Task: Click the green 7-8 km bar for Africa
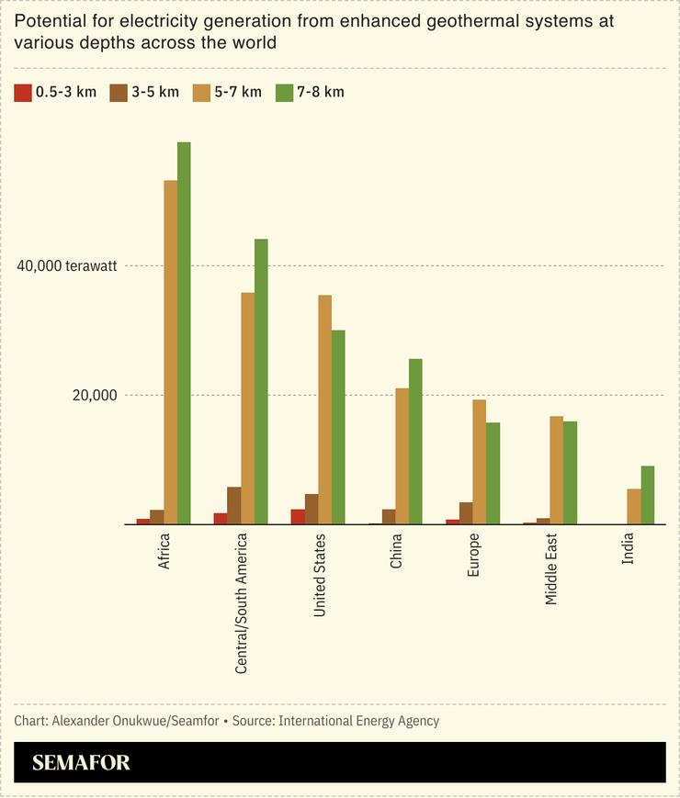pyautogui.click(x=184, y=333)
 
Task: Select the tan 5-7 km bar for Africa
pyautogui.click(x=170, y=353)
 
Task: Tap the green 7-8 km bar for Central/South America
pyautogui.click(x=261, y=382)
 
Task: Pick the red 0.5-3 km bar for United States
pyautogui.click(x=298, y=517)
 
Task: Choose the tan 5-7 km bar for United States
pyautogui.click(x=324, y=410)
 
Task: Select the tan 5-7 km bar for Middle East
pyautogui.click(x=556, y=470)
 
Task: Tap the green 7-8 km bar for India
pyautogui.click(x=647, y=495)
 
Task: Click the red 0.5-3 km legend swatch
pyautogui.click(x=22, y=92)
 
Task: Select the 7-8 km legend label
pyautogui.click(x=321, y=92)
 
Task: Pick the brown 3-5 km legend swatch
pyautogui.click(x=118, y=92)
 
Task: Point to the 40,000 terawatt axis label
pyautogui.click(x=66, y=266)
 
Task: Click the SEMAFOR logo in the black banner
pyautogui.click(x=81, y=762)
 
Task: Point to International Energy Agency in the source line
pyautogui.click(x=358, y=721)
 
